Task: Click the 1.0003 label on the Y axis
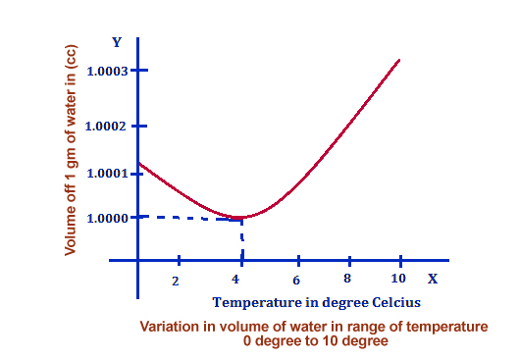point(108,71)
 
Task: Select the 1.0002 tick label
point(108,127)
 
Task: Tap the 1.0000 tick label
point(108,217)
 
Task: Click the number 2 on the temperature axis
point(176,281)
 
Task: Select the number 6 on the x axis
point(295,280)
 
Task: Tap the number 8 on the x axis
point(348,279)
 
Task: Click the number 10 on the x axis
point(399,279)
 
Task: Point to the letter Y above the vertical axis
point(117,42)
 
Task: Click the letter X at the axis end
point(432,279)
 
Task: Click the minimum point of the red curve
point(238,218)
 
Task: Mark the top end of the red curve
point(399,60)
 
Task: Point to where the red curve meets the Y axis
point(138,163)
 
